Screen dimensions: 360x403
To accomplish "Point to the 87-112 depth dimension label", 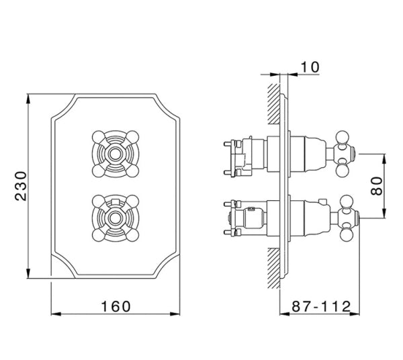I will [322, 306].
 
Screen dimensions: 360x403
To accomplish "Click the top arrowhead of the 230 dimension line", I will [28, 100].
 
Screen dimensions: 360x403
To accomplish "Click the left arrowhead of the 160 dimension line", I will [56, 314].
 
